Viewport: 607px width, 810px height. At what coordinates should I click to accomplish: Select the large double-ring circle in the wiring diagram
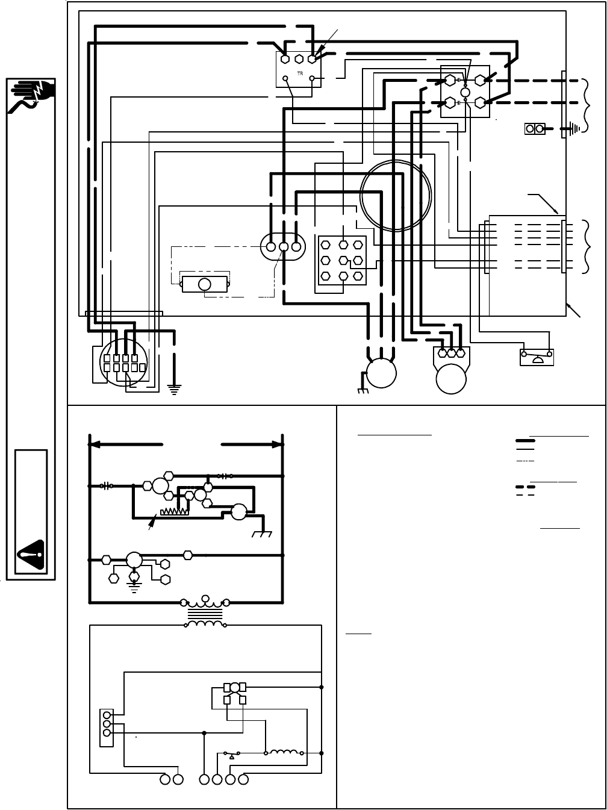pyautogui.click(x=396, y=195)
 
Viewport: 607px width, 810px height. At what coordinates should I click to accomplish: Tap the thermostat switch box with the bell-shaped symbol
pyautogui.click(x=537, y=357)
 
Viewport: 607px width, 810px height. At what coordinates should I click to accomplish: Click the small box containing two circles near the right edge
pyautogui.click(x=535, y=128)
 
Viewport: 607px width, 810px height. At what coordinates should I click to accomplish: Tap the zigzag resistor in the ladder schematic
pyautogui.click(x=175, y=512)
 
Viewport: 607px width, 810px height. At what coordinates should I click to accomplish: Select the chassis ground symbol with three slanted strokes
pyautogui.click(x=263, y=534)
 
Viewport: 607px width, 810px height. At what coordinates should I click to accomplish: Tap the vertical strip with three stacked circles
pyautogui.click(x=107, y=723)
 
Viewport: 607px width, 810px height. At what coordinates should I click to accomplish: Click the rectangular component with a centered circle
pyautogui.click(x=204, y=284)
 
